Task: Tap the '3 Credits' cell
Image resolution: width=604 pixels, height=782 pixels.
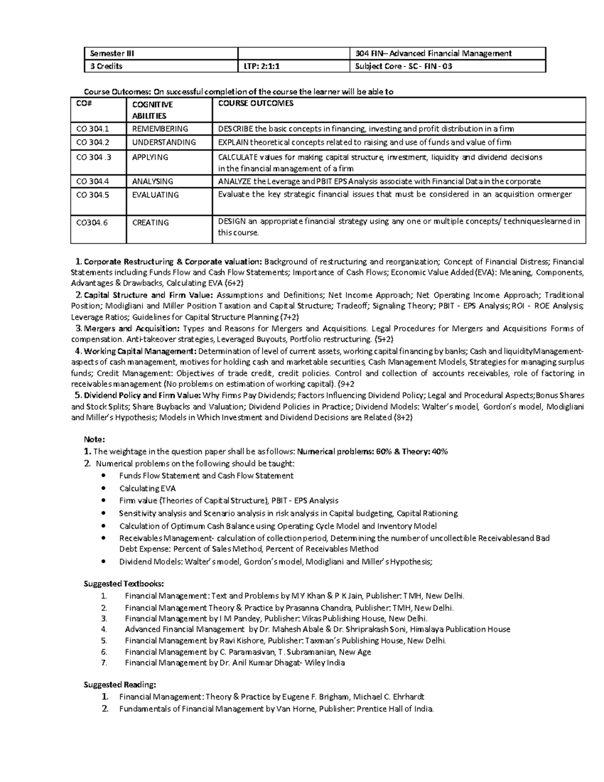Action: pyautogui.click(x=106, y=66)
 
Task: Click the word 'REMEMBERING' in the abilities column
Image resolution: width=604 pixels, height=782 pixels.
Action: pyautogui.click(x=160, y=129)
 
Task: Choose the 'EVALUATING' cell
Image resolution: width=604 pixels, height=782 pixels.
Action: pyautogui.click(x=155, y=195)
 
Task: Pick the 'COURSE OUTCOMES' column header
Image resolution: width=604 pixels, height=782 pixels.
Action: pyautogui.click(x=255, y=104)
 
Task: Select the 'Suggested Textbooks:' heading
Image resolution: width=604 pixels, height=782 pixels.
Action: pyautogui.click(x=123, y=584)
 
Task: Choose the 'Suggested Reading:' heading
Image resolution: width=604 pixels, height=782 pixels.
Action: pyautogui.click(x=119, y=684)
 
